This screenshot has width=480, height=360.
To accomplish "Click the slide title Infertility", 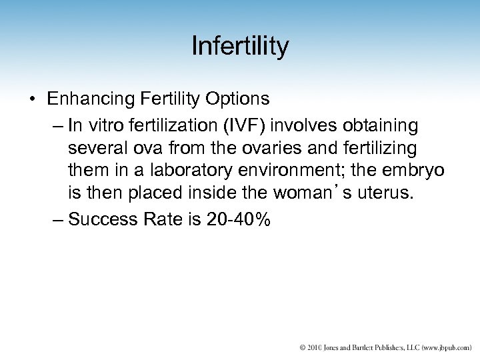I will (x=240, y=47).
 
